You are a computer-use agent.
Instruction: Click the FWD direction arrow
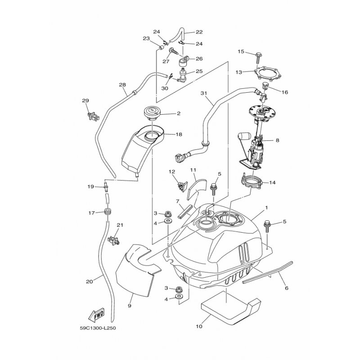(97, 315)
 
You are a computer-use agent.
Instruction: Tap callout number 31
(205, 93)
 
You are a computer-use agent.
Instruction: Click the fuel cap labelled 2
(152, 112)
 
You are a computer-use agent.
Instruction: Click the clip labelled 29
(91, 116)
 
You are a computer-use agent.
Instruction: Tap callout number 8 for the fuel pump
(277, 140)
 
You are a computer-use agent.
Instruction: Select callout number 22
(199, 32)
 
